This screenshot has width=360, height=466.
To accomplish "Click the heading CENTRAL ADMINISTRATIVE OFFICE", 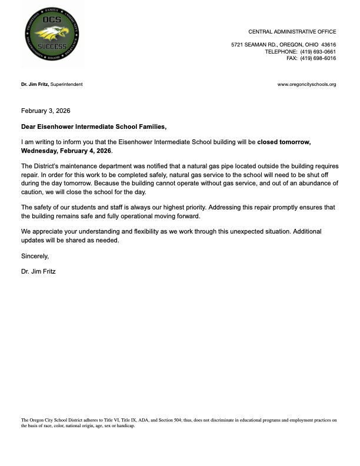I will [x=292, y=31].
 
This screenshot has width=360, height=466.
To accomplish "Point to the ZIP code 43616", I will [x=328, y=45].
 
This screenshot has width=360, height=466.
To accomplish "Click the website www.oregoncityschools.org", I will [x=306, y=84].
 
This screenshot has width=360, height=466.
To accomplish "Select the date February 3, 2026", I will [x=45, y=111].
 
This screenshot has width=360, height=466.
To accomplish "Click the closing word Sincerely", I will [x=35, y=256].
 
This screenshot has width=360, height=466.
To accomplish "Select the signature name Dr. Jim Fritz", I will [x=38, y=272].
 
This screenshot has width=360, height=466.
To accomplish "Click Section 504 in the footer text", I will [x=171, y=420].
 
